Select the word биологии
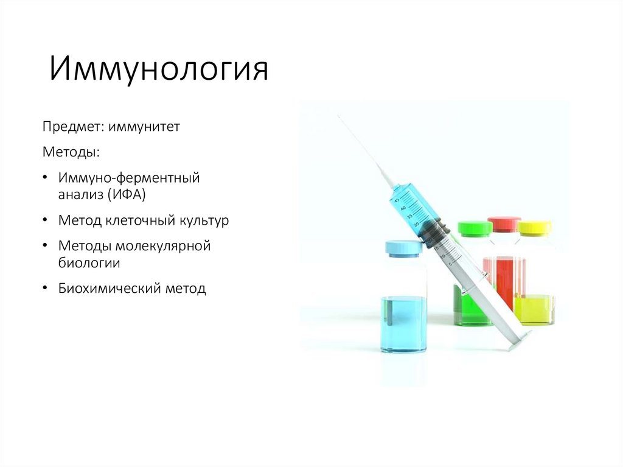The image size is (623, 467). (89, 263)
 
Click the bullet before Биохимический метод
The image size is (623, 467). (46, 289)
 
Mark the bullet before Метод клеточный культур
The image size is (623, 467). (46, 220)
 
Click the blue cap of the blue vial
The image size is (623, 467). (403, 247)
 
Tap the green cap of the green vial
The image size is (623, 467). (475, 228)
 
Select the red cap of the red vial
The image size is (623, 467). (504, 223)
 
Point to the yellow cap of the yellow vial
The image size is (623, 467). (535, 228)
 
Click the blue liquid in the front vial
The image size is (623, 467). (403, 323)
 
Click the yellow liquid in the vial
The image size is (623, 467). (535, 309)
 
